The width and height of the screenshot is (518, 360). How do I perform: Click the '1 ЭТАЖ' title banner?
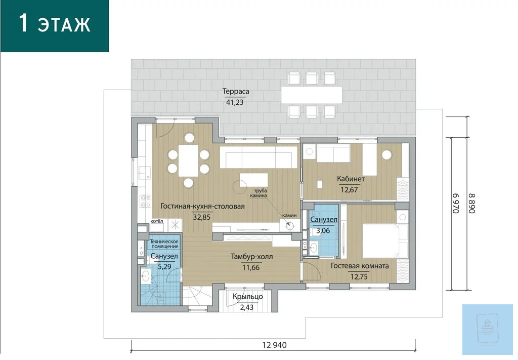(55, 26)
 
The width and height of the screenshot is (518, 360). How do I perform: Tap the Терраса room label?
(236, 92)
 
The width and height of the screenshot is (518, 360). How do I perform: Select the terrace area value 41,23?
(235, 102)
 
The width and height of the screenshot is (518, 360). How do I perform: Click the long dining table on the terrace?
(312, 95)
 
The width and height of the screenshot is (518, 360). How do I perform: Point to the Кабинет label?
(351, 179)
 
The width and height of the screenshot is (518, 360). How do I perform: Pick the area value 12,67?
(349, 190)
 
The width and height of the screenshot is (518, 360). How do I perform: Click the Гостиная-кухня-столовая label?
(202, 206)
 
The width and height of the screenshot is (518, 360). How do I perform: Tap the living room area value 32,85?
(201, 217)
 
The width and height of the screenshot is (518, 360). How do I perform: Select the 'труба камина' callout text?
(260, 193)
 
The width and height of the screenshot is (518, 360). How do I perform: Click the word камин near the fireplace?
(289, 216)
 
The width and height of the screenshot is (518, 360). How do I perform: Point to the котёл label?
(157, 221)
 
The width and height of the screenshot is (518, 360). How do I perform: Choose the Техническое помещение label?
(164, 244)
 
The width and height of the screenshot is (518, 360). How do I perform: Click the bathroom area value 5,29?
(164, 267)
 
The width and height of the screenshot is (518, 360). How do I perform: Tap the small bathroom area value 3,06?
(323, 230)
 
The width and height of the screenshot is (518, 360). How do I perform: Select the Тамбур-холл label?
(252, 257)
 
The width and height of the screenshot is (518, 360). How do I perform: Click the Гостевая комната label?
(360, 266)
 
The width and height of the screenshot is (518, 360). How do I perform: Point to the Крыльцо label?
(248, 297)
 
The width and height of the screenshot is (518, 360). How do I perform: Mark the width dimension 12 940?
(275, 345)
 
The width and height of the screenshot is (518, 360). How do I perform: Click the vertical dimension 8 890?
(471, 204)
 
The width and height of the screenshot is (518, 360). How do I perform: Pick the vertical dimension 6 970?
(456, 204)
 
